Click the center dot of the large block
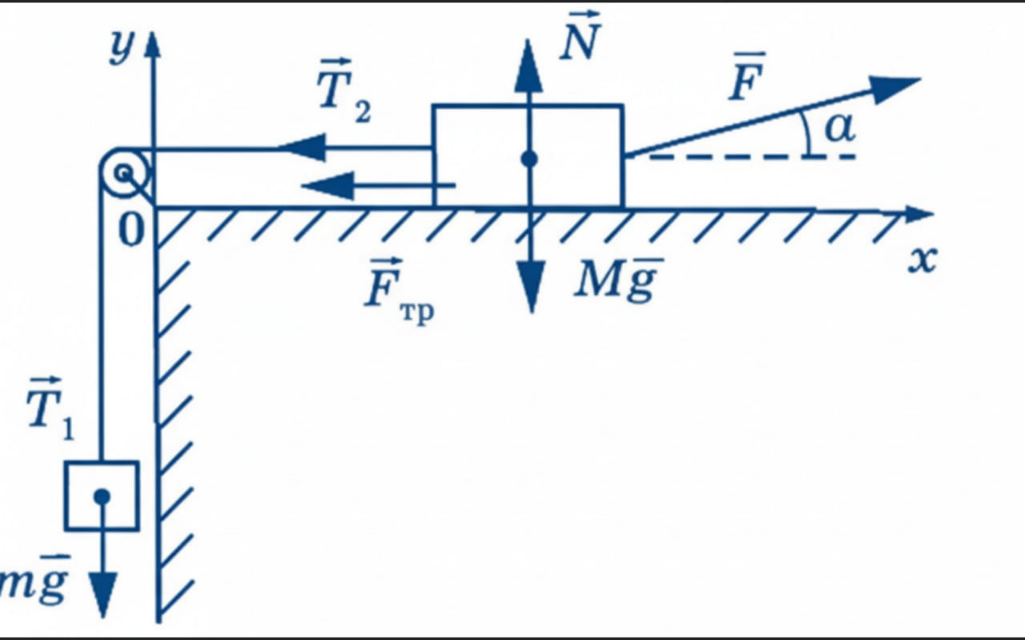[x=529, y=159]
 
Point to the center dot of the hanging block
[x=102, y=497]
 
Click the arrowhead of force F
[x=894, y=90]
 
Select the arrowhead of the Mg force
[x=531, y=287]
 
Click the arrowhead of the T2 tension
[x=302, y=148]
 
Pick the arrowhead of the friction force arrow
[x=328, y=185]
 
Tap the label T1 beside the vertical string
[x=50, y=409]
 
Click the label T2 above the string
[x=344, y=91]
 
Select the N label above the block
[x=581, y=36]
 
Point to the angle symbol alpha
[x=840, y=127]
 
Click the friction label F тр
[x=399, y=291]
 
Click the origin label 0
[x=131, y=230]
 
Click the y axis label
[x=122, y=48]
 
